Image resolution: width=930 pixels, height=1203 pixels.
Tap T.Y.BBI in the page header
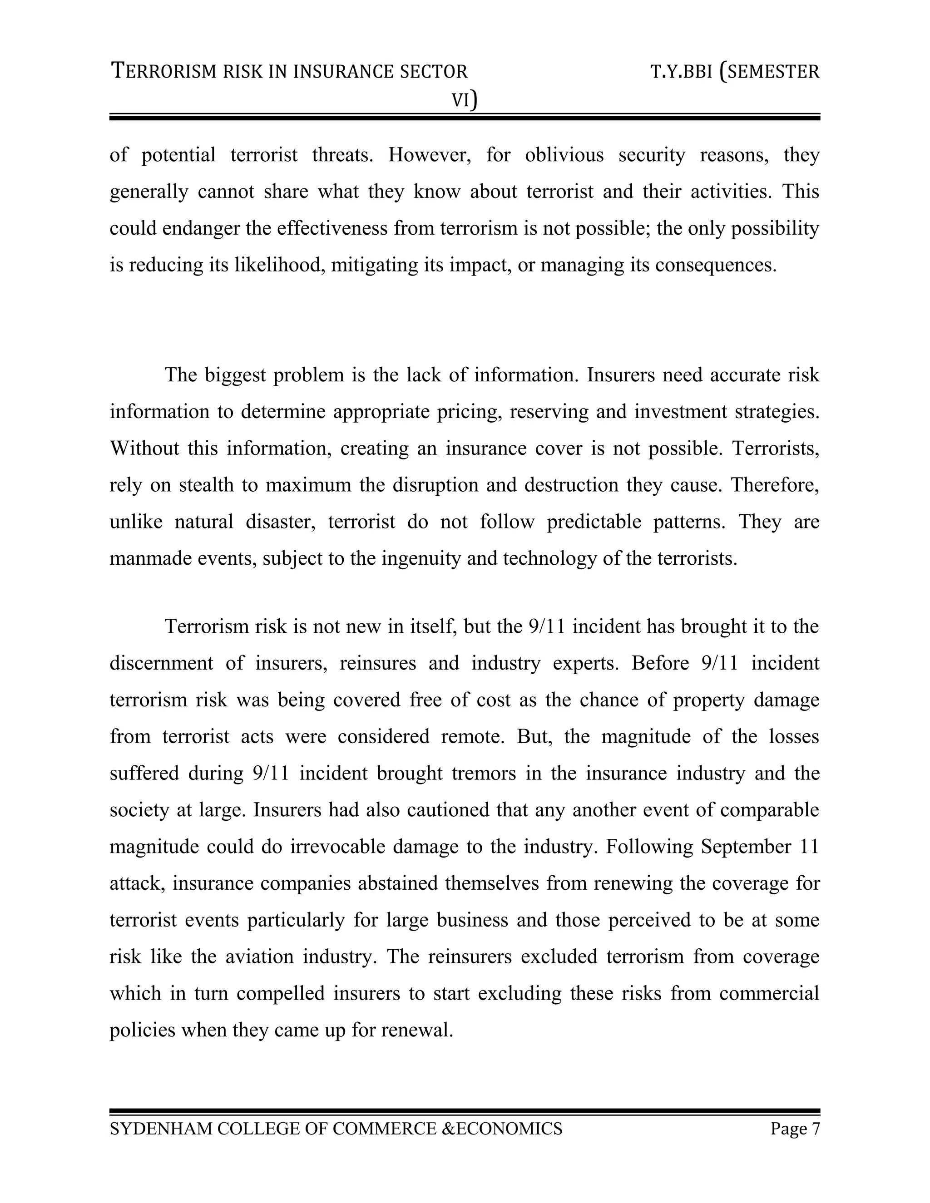682,72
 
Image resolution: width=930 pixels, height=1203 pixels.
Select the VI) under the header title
465,100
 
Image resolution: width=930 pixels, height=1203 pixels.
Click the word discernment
161,663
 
